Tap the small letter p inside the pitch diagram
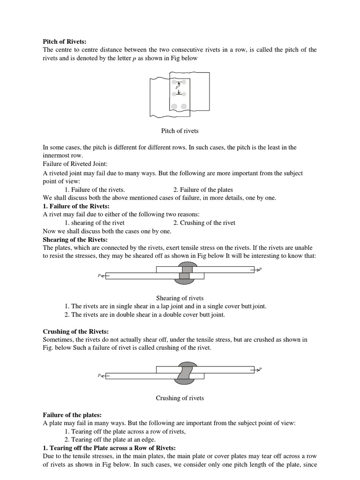[177, 87]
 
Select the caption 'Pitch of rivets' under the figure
[180, 131]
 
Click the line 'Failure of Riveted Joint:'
[75, 164]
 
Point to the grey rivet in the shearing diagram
[185, 274]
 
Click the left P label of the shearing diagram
[99, 276]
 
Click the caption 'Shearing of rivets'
[180, 298]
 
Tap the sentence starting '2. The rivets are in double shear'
[145, 315]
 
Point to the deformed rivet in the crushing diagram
[185, 373]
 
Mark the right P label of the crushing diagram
[260, 369]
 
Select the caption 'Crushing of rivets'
[180, 398]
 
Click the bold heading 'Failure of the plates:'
[72, 415]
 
